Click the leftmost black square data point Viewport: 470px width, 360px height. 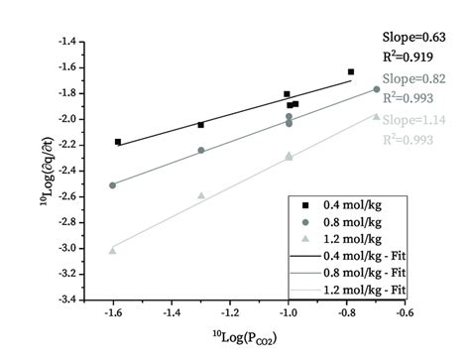(118, 142)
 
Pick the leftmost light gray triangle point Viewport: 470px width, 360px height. (112, 250)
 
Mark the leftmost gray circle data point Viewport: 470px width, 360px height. (112, 185)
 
